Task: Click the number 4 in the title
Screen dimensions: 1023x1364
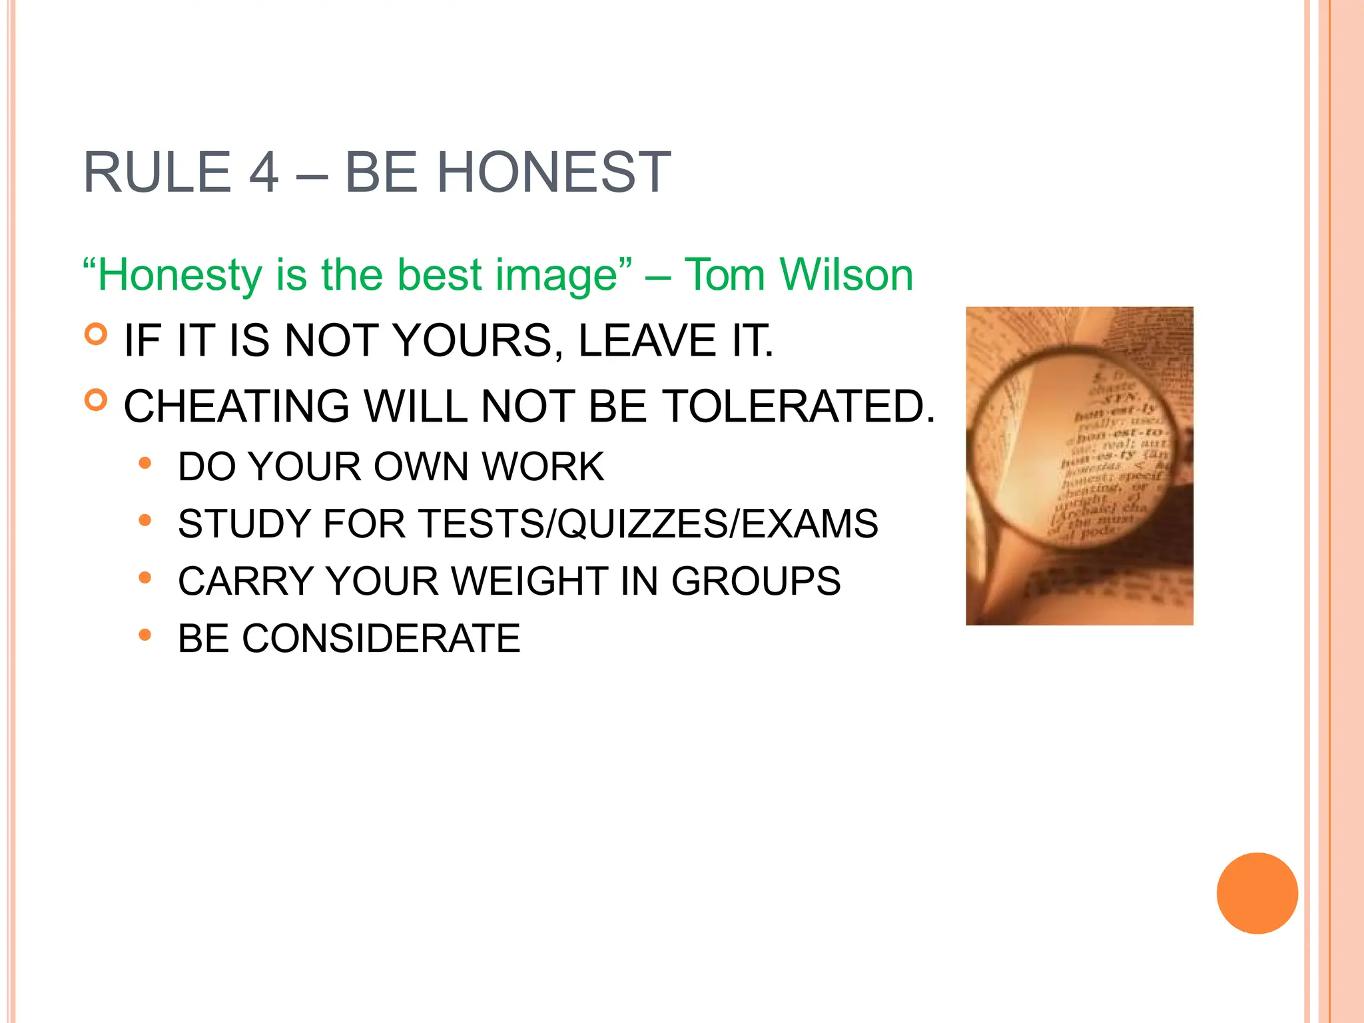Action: [x=264, y=172]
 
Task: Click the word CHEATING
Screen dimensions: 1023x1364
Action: [x=236, y=406]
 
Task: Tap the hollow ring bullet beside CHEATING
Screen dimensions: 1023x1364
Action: [x=97, y=400]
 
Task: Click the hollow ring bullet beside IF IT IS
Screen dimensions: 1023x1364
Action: [x=97, y=334]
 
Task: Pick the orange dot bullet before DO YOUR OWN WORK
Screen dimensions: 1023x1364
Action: [x=145, y=462]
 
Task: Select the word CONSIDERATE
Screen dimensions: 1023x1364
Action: [x=380, y=638]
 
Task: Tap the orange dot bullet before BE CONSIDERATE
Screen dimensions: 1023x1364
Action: [x=145, y=635]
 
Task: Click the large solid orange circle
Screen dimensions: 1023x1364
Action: [x=1257, y=893]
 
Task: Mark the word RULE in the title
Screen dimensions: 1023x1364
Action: [x=157, y=172]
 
